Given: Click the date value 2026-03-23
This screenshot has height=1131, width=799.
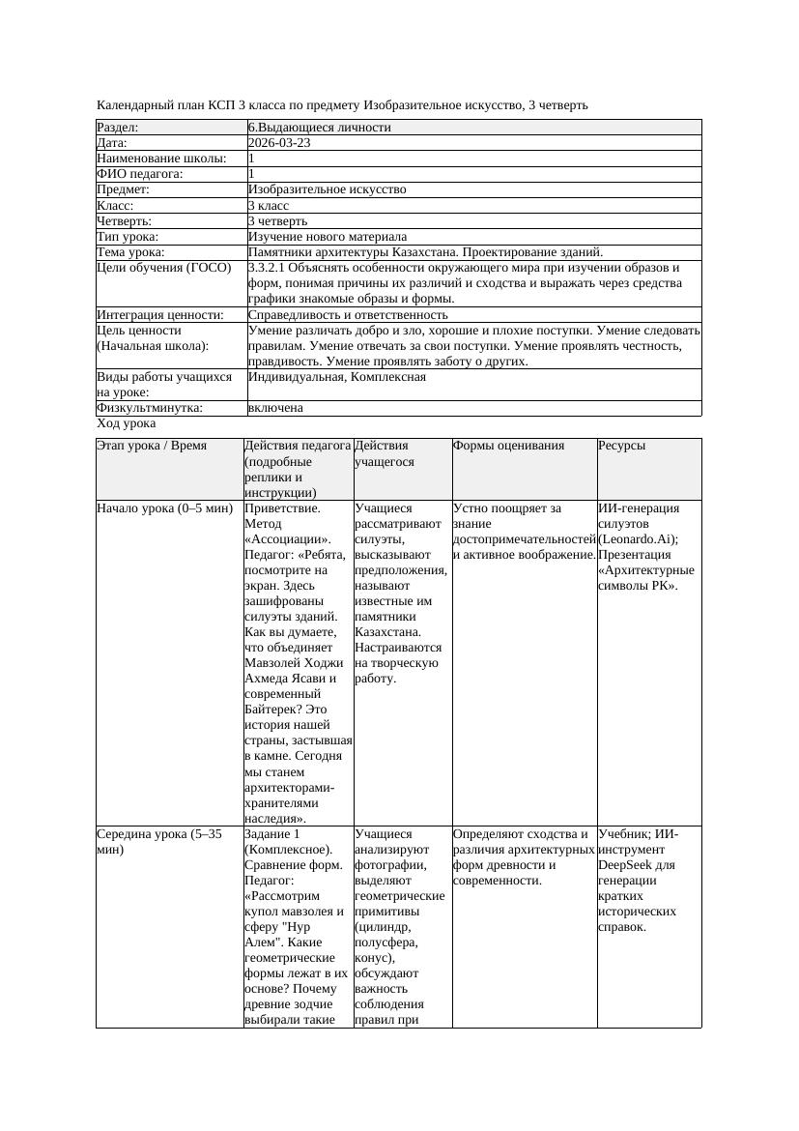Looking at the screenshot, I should click(279, 143).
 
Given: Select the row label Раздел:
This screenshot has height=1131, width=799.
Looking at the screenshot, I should click(118, 128).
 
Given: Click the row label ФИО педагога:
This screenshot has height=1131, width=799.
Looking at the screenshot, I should click(140, 174).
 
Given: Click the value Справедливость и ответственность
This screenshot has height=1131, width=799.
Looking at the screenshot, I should click(348, 315).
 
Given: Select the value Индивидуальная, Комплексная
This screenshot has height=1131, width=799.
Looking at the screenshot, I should click(337, 377).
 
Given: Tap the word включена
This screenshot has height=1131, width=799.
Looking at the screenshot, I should click(275, 408).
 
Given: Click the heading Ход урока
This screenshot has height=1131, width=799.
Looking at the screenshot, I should click(127, 423).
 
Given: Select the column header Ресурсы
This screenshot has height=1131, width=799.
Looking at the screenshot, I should click(622, 446).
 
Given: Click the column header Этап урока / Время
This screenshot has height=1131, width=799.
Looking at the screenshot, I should click(152, 446).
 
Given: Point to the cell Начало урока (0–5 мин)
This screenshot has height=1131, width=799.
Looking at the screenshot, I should click(165, 508).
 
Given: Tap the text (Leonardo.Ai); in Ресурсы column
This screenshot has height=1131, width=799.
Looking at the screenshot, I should click(639, 539).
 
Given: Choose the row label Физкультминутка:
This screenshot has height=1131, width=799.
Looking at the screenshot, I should click(150, 408).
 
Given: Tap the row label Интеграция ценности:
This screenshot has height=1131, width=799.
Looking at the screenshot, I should click(160, 315).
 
